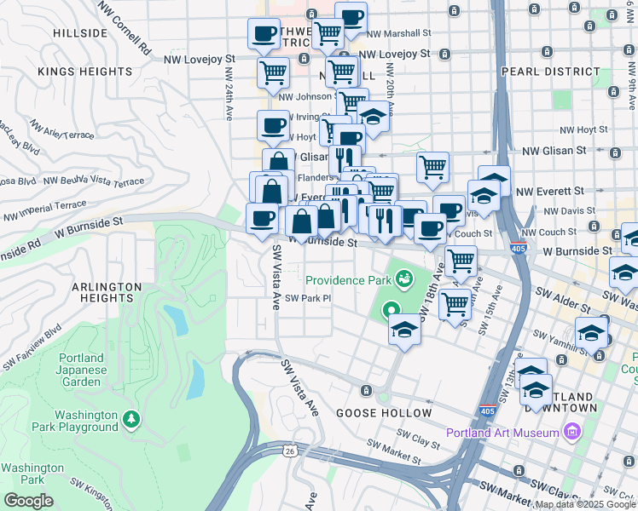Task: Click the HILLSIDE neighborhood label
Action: (80, 33)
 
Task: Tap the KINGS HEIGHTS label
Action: (84, 72)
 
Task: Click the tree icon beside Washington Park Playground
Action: (130, 419)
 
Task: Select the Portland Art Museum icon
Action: (572, 433)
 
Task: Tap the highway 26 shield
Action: (291, 451)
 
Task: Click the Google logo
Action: (27, 500)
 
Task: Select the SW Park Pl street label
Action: (307, 298)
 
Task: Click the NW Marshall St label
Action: (400, 33)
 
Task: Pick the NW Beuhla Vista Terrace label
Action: (94, 181)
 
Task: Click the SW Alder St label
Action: (562, 300)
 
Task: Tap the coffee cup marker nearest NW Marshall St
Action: (351, 16)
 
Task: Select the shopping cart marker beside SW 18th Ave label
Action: (461, 259)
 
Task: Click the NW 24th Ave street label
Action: (229, 100)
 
